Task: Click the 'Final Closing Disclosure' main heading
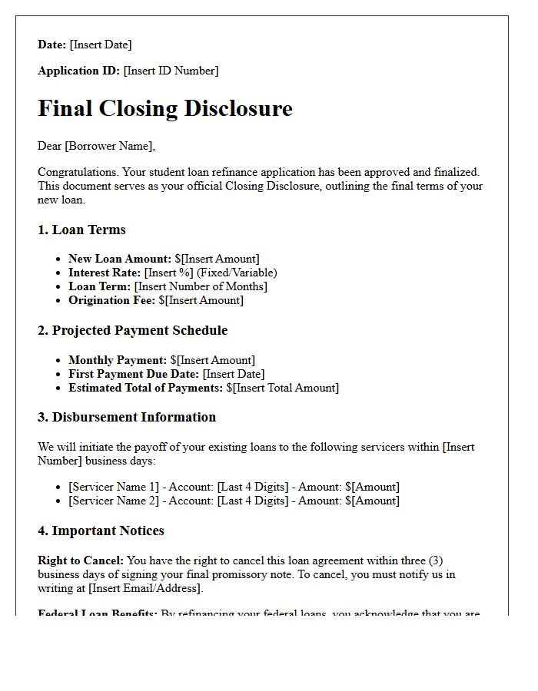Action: coord(165,108)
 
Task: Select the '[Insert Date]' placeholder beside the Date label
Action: coord(101,45)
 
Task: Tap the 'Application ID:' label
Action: coord(78,71)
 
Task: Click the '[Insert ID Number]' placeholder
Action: coord(171,71)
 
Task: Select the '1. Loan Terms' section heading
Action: coord(81,230)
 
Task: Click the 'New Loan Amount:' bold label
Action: coord(120,259)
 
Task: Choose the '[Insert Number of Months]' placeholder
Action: coord(201,286)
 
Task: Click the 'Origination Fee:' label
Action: coord(111,300)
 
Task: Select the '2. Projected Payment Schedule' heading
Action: coord(132,330)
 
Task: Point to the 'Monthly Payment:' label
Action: coord(118,359)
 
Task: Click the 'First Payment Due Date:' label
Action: coord(134,373)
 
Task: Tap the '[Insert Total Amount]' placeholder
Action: coord(287,388)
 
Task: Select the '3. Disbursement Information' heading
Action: coord(127,417)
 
